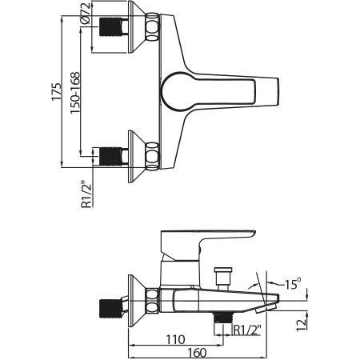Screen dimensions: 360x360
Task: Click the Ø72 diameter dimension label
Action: [85, 14]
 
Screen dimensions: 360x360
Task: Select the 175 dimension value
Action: [57, 92]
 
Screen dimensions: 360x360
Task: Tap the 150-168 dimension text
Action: [75, 93]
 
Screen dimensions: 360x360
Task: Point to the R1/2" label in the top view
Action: [86, 194]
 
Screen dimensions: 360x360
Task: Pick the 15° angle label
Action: [292, 284]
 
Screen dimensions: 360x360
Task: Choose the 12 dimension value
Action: [302, 324]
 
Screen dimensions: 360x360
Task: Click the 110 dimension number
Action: [175, 339]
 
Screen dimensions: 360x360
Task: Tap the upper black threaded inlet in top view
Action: [110, 27]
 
